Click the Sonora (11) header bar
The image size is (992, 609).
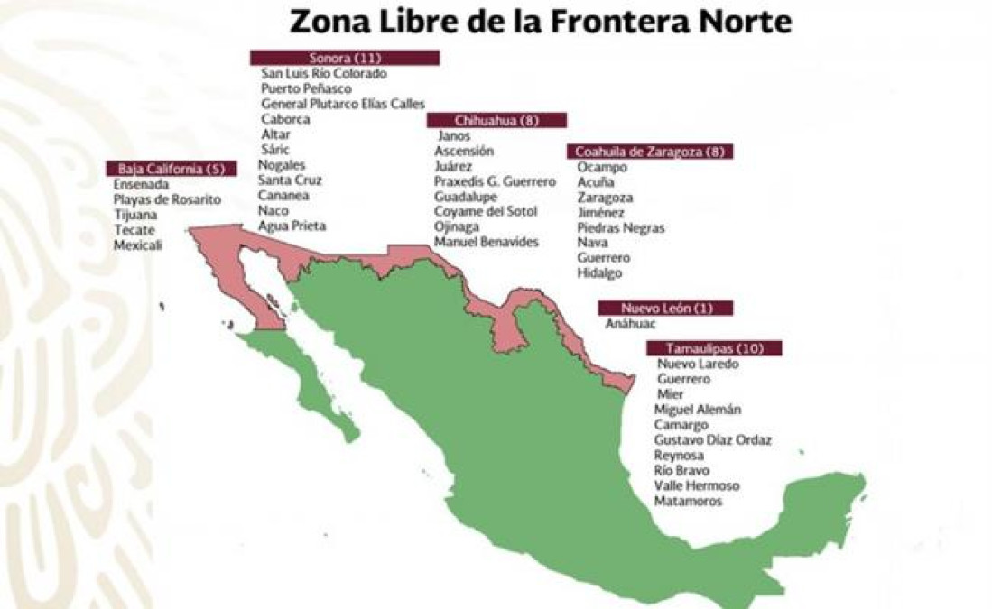345,58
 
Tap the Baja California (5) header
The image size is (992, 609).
172,169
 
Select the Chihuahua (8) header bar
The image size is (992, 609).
496,120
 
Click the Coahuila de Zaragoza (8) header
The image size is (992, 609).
650,152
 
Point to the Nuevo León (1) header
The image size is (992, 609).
665,309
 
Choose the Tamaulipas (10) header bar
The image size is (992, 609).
714,348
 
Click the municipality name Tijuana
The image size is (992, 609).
135,215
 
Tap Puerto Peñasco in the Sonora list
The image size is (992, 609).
306,88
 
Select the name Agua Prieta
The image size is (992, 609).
292,226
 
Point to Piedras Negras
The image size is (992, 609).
621,227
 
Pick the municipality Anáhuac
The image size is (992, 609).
631,324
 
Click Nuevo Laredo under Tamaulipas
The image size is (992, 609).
698,364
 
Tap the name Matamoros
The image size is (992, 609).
688,501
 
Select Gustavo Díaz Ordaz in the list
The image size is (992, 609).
712,440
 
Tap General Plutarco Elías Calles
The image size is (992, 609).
343,104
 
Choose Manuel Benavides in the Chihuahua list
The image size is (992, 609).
486,242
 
